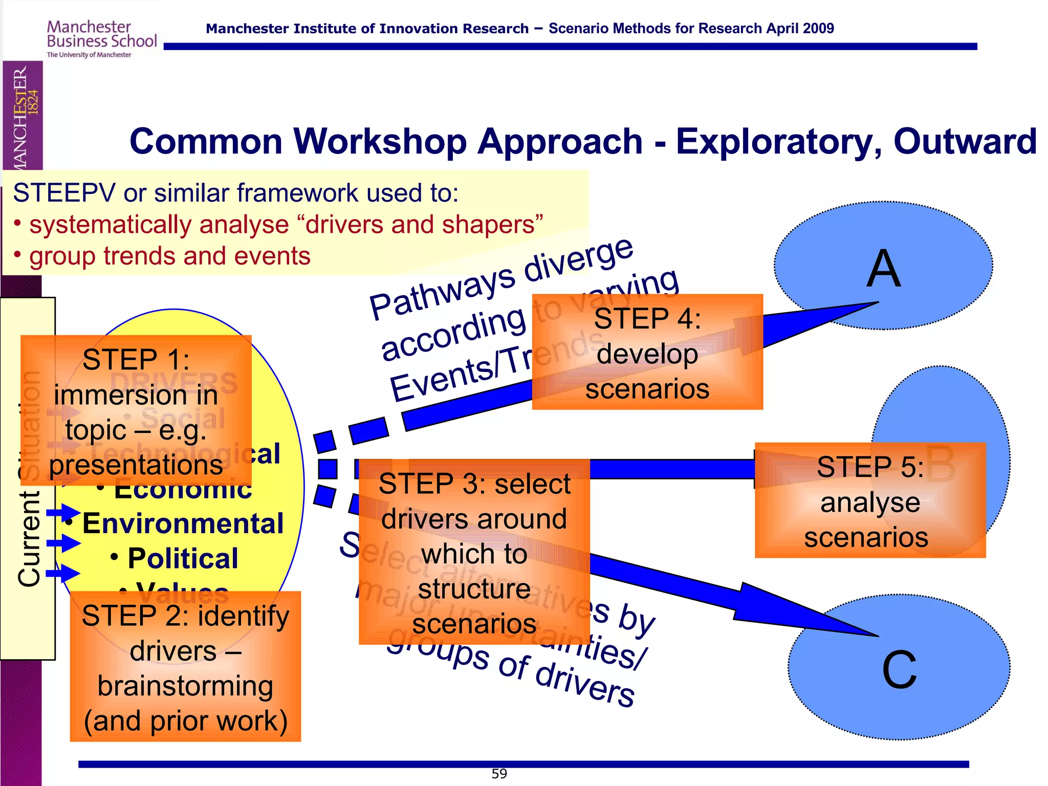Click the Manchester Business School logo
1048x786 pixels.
(101, 38)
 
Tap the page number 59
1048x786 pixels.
(499, 774)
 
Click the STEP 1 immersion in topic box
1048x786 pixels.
(136, 411)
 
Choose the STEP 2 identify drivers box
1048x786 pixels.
(185, 667)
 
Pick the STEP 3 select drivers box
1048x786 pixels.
(474, 552)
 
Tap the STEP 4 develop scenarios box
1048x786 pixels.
(647, 353)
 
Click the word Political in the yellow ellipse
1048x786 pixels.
(183, 558)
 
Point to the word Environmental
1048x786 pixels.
(183, 523)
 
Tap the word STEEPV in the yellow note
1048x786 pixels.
(64, 193)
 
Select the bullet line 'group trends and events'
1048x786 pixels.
(169, 256)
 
